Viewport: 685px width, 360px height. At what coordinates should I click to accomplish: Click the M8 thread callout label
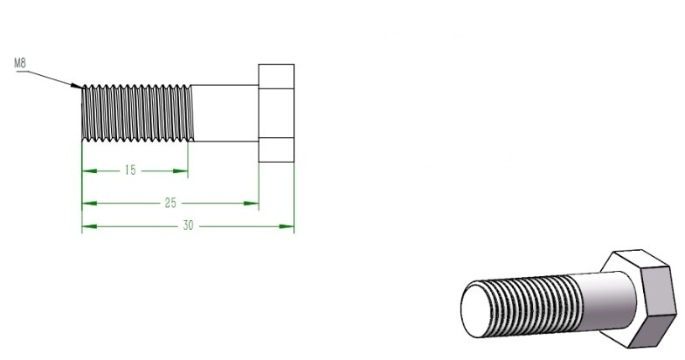(x=20, y=63)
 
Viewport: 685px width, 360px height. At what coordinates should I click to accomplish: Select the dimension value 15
(x=130, y=170)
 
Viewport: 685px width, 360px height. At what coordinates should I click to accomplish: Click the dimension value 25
(x=170, y=203)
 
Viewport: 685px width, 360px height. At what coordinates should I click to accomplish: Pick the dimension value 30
(x=188, y=225)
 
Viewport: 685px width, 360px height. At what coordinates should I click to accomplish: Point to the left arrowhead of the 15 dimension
(x=89, y=171)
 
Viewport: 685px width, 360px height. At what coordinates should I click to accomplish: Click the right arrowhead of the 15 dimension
(x=180, y=171)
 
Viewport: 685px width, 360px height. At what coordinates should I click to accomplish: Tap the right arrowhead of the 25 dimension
(x=252, y=203)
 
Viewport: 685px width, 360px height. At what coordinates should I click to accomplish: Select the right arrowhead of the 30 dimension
(x=287, y=226)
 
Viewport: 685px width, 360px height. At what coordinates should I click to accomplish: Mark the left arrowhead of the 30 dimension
(x=89, y=226)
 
